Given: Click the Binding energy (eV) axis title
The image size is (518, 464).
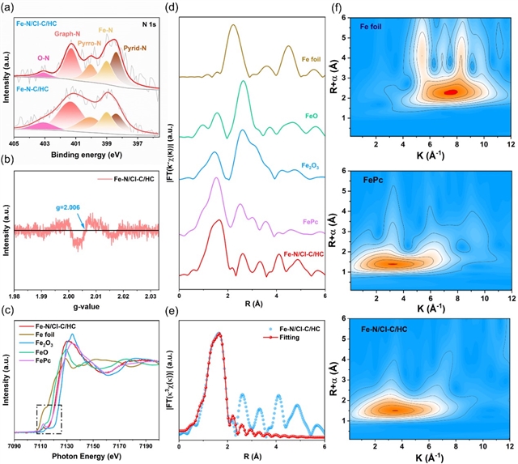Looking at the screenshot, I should coord(90,154).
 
